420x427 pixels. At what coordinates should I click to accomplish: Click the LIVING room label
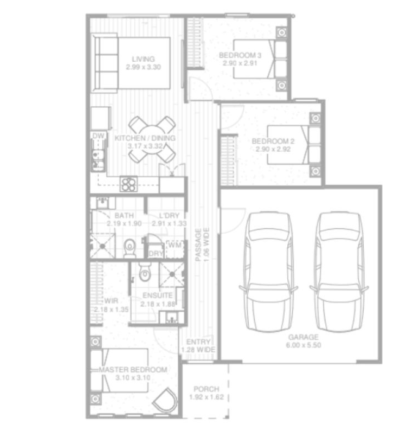[143, 59]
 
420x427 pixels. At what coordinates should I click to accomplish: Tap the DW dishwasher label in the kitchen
[98, 136]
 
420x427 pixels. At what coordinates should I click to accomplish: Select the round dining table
[151, 139]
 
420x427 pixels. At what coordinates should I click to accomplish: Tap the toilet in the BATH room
[129, 248]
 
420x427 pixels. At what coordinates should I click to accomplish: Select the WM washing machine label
[174, 245]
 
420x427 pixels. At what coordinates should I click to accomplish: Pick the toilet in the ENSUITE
[145, 272]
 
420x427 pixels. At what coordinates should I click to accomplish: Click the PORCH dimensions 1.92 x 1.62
[206, 397]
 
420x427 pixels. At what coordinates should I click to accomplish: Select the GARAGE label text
[303, 337]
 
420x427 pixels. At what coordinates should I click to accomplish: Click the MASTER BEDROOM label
[133, 370]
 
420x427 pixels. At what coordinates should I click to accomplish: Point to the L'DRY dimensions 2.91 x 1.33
[166, 223]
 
